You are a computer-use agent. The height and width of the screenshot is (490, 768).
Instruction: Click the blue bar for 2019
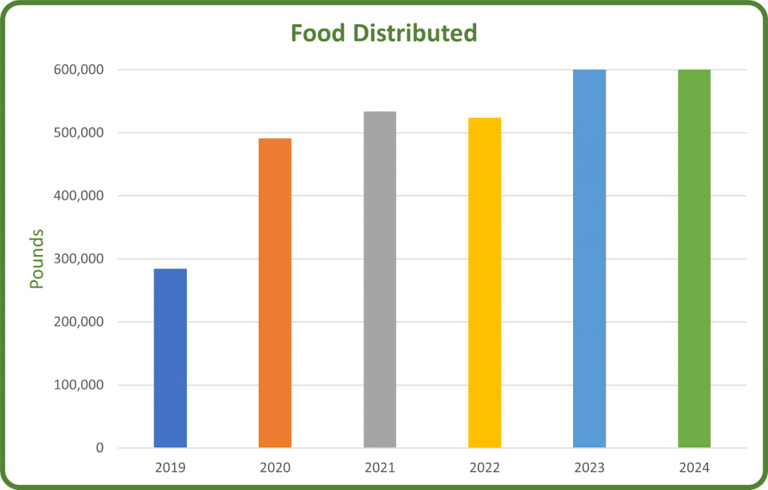point(170,358)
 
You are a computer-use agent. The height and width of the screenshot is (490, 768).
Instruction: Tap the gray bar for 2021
point(379,279)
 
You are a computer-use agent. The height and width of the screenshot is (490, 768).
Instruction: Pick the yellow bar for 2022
point(484,283)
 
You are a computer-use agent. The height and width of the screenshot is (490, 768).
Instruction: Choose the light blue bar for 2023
point(589,259)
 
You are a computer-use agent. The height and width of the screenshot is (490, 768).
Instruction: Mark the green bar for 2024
point(694,259)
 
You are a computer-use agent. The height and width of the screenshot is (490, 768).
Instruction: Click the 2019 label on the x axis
point(170,467)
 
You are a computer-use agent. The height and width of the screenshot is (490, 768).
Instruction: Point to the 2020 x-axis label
point(275,467)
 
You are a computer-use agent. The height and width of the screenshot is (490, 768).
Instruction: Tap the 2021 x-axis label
point(379,467)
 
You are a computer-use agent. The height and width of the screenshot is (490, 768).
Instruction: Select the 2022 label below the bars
point(484,467)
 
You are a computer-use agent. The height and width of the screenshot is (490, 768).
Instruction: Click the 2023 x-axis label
point(589,467)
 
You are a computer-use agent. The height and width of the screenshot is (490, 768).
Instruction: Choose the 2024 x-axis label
point(694,467)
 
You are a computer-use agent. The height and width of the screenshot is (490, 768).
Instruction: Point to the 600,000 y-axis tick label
point(78,70)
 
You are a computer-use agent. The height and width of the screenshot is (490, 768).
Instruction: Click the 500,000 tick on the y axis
point(78,133)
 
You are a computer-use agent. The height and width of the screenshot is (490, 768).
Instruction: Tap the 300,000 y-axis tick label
point(78,259)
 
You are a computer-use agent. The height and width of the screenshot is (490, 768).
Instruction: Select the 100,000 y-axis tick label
point(78,385)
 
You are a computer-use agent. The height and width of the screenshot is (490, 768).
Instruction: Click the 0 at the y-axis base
point(100,449)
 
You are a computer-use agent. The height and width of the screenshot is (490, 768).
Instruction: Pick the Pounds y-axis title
point(37,259)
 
